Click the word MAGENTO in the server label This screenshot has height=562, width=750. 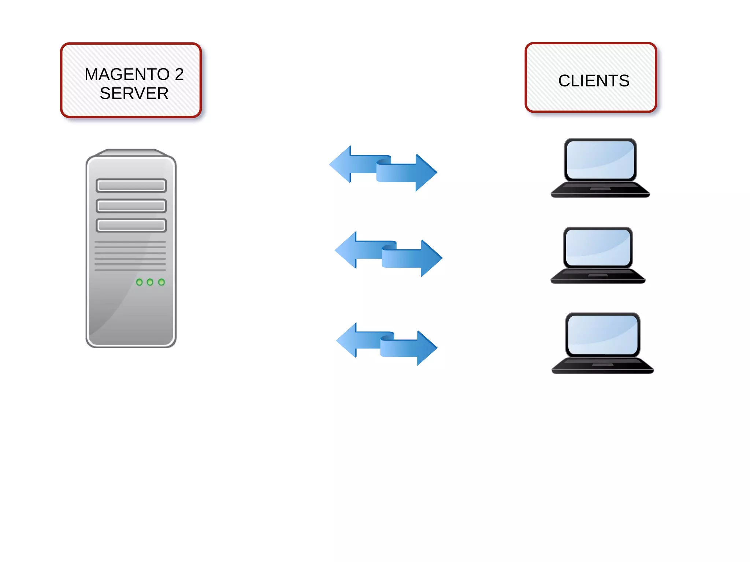pyautogui.click(x=127, y=75)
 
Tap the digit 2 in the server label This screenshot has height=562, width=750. pyautogui.click(x=179, y=75)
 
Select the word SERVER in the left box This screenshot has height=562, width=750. pyautogui.click(x=134, y=94)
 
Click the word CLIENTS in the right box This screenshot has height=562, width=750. pyautogui.click(x=594, y=81)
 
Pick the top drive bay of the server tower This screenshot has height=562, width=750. pyautogui.click(x=131, y=186)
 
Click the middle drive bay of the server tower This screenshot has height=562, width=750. pyautogui.click(x=131, y=206)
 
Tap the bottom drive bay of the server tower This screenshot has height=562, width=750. pyautogui.click(x=131, y=225)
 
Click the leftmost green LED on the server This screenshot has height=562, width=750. pyautogui.click(x=139, y=282)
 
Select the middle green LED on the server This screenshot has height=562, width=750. pyautogui.click(x=150, y=282)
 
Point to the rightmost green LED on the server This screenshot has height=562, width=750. pyautogui.click(x=161, y=282)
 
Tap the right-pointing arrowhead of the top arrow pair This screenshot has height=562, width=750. pyautogui.click(x=426, y=172)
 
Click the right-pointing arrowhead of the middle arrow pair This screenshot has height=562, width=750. pyautogui.click(x=431, y=258)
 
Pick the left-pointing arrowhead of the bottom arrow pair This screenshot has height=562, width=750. pyautogui.click(x=347, y=340)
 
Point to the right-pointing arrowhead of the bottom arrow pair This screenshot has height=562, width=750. pyautogui.click(x=427, y=348)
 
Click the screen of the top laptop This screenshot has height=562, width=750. pyautogui.click(x=600, y=160)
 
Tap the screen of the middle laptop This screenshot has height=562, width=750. pyautogui.click(x=598, y=247)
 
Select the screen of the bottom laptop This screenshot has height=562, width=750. pyautogui.click(x=602, y=334)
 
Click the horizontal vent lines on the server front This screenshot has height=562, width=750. pyautogui.click(x=130, y=256)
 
